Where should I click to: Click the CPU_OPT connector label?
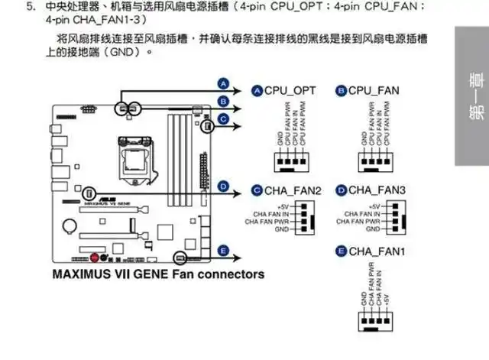click(290, 91)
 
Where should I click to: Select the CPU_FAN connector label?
click(374, 91)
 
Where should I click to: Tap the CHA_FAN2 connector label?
click(293, 190)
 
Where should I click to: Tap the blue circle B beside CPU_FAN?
click(341, 91)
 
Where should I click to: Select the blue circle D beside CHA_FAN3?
click(341, 190)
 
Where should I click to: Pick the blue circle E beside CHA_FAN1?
click(341, 251)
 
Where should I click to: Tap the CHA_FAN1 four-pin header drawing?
click(374, 320)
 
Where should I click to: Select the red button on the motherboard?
click(94, 257)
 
